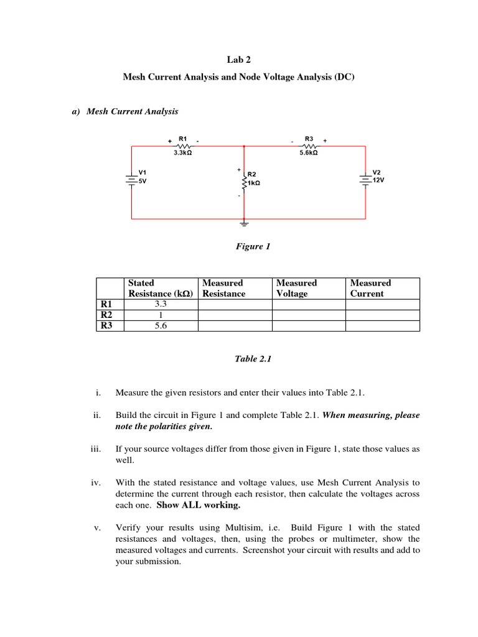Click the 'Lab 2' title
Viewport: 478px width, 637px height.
pos(238,60)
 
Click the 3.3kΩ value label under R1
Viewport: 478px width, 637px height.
pos(182,152)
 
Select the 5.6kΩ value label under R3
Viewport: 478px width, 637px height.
pos(309,152)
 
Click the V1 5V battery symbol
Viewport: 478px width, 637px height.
pos(131,179)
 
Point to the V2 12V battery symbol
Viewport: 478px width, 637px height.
pos(365,179)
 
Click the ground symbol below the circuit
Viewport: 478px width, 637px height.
pos(244,223)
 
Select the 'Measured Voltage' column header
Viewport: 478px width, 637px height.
pos(296,288)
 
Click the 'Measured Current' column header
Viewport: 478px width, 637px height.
pos(370,288)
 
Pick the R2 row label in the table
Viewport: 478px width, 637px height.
pos(106,315)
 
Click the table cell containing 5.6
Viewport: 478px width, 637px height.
pos(161,325)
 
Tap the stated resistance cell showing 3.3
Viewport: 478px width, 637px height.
pos(161,304)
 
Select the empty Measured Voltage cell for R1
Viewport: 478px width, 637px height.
pos(309,304)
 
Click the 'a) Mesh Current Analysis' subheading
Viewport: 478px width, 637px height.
pos(125,112)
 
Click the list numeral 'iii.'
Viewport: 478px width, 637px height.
pos(95,449)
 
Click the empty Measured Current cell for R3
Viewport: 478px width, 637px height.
pos(382,325)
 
